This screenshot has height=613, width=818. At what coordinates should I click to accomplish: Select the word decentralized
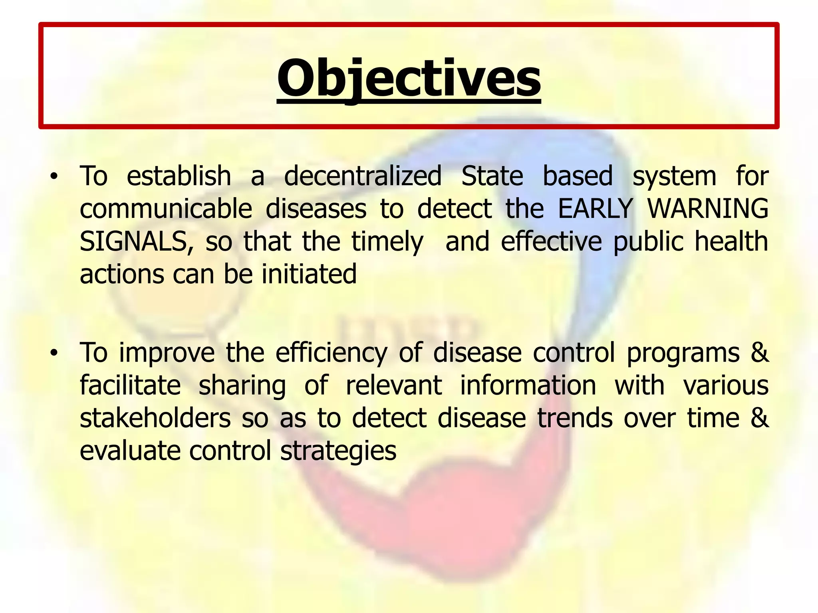click(363, 176)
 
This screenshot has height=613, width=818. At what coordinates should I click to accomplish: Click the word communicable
click(166, 209)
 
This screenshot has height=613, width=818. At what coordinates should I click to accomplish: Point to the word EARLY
click(595, 209)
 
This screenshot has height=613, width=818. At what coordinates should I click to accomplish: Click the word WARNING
click(707, 209)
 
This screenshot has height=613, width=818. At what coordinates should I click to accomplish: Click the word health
click(731, 242)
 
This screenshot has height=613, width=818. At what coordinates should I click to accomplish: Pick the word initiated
click(309, 275)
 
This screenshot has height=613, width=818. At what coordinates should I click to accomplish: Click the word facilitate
click(130, 386)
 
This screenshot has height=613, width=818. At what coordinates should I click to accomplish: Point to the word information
click(528, 386)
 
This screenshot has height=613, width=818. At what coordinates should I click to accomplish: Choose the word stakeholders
click(155, 419)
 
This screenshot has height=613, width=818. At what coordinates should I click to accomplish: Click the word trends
click(575, 419)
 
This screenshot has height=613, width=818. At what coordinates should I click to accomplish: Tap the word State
click(492, 176)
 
